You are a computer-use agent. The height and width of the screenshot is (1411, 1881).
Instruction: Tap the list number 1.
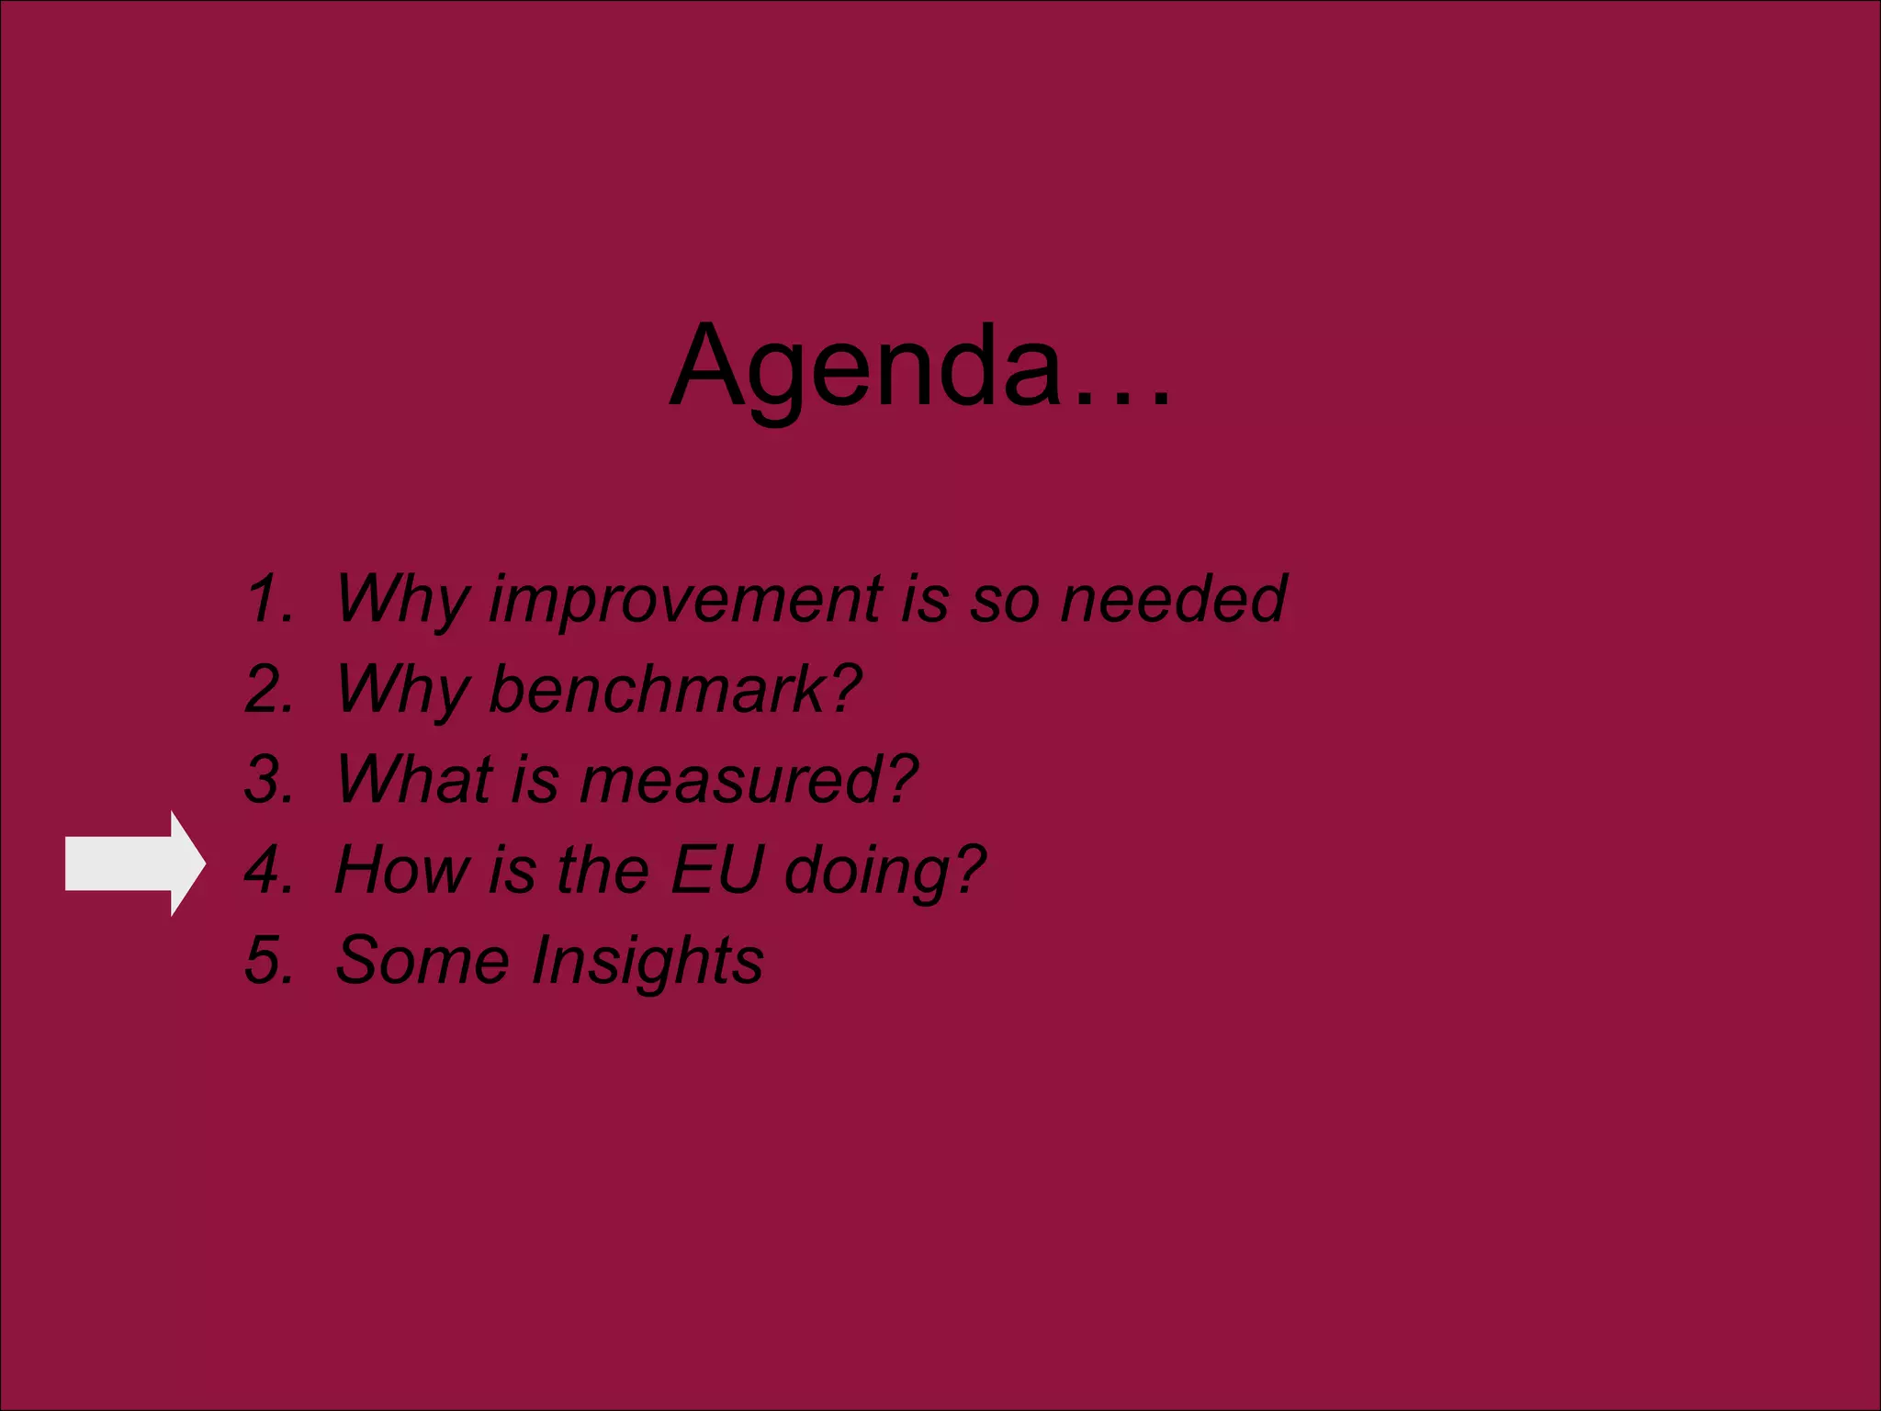click(268, 599)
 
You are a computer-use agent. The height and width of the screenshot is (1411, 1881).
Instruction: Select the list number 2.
click(268, 689)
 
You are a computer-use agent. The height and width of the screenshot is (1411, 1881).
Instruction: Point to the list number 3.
click(268, 779)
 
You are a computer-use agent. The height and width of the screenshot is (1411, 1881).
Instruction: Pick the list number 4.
click(268, 869)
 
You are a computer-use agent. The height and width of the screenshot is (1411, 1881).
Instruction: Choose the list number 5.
click(268, 960)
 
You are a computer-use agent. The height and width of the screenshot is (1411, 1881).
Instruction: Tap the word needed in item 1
click(1173, 599)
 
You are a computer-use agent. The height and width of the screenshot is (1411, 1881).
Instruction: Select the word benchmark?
click(676, 689)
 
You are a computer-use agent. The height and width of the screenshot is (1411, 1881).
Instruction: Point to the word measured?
click(749, 779)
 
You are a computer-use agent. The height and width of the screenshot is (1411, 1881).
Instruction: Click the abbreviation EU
click(716, 869)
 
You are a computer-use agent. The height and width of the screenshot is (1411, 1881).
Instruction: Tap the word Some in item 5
click(422, 960)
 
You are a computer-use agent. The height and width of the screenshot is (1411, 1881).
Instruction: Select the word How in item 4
click(402, 869)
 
